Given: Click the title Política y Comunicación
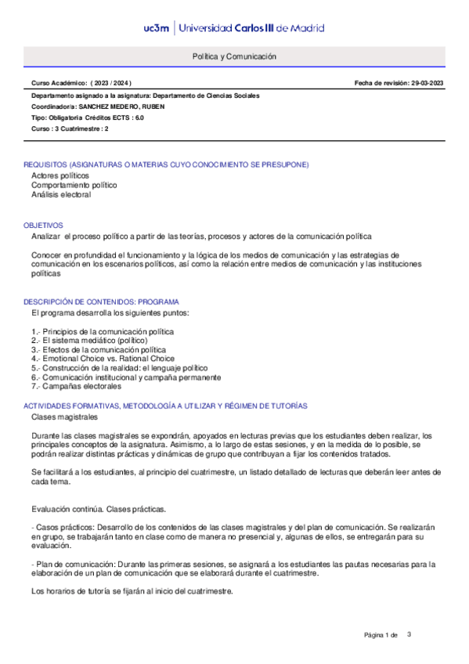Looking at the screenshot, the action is click(234, 57).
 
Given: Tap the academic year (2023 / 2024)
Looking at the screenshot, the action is click(111, 83).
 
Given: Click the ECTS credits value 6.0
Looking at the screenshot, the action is click(139, 117).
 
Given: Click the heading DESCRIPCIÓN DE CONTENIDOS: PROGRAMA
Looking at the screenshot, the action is click(101, 301).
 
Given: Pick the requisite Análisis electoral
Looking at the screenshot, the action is click(61, 195).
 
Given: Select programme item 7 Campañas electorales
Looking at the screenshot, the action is click(76, 386).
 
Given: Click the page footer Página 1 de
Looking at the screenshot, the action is click(381, 634).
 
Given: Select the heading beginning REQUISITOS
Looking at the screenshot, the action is click(166, 164).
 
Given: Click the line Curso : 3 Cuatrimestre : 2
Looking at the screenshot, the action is click(70, 128).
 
